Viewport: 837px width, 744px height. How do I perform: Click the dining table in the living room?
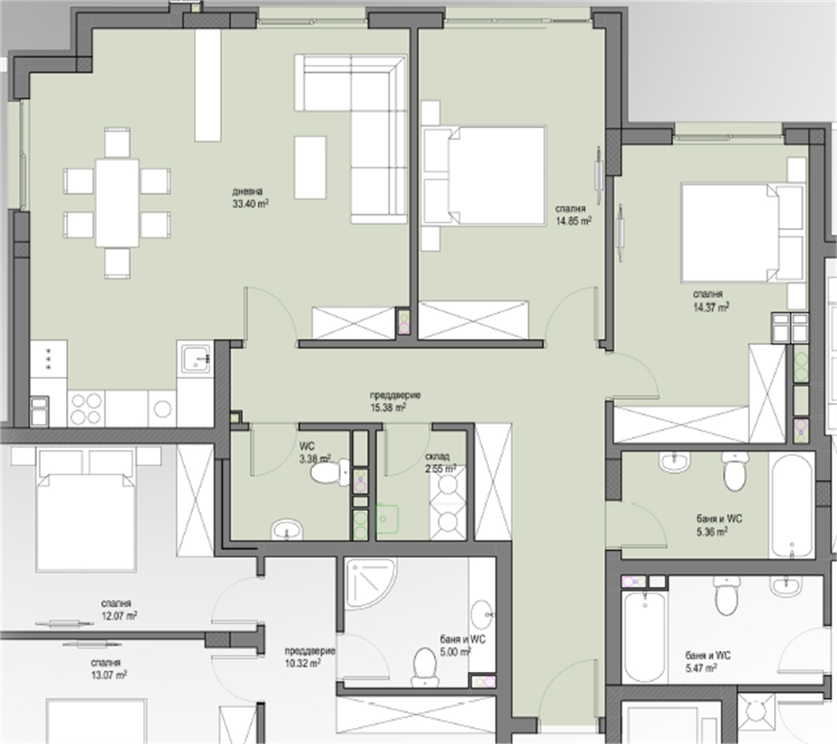tap(117, 203)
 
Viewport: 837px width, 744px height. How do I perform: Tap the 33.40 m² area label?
tap(250, 204)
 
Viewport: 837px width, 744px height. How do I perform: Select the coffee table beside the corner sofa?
tap(311, 168)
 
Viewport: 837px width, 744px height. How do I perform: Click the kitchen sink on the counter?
tap(197, 359)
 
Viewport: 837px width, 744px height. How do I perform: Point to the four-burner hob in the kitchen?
tap(86, 409)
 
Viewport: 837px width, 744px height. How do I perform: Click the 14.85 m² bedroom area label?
tap(574, 220)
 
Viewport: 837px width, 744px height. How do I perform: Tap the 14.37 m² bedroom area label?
tap(711, 307)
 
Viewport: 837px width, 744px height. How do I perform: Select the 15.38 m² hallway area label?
tap(388, 408)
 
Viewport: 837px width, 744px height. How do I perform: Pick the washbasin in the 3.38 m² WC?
tap(287, 530)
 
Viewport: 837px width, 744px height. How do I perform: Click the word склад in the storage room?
tap(437, 457)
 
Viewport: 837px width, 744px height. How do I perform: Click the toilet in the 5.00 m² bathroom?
tap(425, 667)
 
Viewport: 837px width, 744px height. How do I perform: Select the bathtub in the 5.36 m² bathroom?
tap(792, 506)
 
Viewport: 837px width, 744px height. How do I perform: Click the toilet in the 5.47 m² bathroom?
tap(726, 594)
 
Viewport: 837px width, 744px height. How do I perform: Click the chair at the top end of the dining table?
tap(117, 142)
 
